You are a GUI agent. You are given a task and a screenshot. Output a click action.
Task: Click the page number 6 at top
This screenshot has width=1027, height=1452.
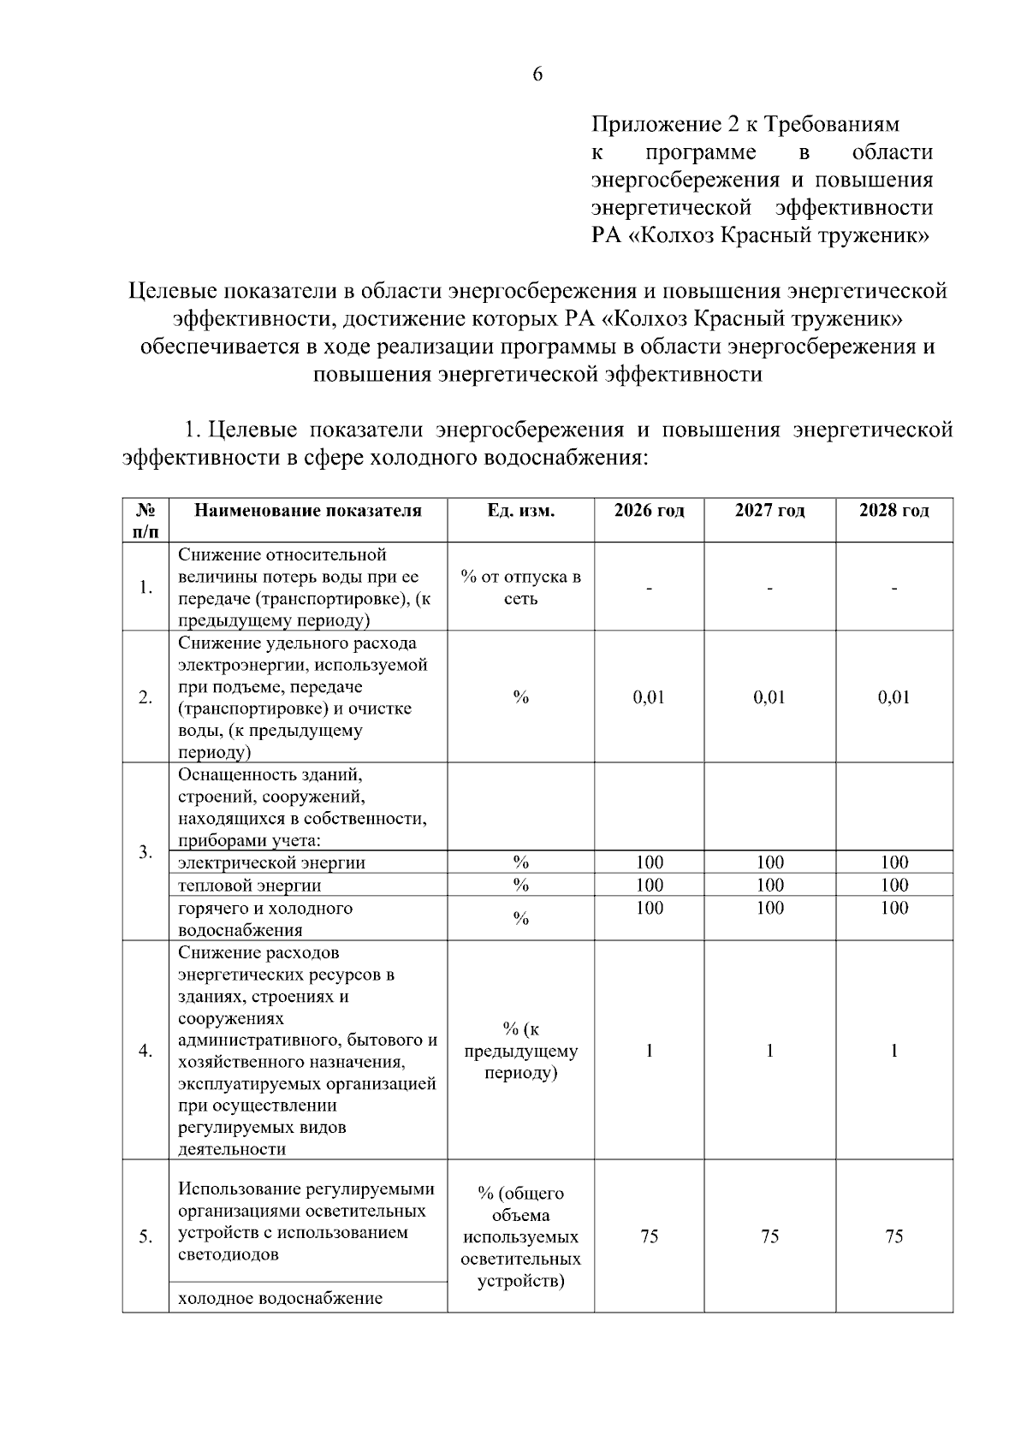click(x=537, y=74)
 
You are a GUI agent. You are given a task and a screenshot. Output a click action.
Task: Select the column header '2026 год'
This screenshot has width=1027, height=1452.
click(x=649, y=511)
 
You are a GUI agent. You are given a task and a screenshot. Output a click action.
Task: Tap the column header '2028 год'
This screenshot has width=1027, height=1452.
click(x=893, y=511)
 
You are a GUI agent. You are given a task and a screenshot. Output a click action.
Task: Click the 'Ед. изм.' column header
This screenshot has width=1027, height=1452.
click(x=520, y=511)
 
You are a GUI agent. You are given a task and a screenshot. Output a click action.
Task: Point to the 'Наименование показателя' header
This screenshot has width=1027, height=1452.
click(x=308, y=511)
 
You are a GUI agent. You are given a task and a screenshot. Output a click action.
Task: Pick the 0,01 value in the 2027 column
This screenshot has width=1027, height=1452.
click(x=769, y=697)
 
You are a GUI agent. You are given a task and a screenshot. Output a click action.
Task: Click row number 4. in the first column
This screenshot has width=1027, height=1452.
click(x=145, y=1051)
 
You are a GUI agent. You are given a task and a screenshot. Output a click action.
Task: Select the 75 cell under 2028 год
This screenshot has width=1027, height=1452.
click(x=893, y=1236)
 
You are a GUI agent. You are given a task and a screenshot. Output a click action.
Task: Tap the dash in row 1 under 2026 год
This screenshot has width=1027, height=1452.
click(x=649, y=588)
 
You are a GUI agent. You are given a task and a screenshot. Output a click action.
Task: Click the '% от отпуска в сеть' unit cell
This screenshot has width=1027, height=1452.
click(x=520, y=587)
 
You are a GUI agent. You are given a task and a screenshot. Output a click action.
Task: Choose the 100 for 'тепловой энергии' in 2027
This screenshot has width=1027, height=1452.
click(x=769, y=885)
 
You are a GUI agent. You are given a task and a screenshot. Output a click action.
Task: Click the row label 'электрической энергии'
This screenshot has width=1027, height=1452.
click(x=271, y=862)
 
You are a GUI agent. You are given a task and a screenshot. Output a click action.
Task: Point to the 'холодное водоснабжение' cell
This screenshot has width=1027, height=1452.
click(x=280, y=1299)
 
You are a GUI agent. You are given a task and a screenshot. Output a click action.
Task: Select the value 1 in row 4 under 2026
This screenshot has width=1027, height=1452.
click(x=649, y=1051)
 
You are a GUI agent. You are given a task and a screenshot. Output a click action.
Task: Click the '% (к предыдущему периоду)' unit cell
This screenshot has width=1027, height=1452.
click(x=520, y=1051)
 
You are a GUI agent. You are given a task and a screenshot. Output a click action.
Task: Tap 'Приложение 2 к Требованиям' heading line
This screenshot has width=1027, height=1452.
click(x=745, y=125)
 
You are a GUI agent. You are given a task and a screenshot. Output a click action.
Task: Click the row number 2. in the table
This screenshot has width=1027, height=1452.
click(x=145, y=697)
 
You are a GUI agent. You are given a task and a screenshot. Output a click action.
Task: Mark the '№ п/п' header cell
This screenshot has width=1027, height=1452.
click(x=145, y=520)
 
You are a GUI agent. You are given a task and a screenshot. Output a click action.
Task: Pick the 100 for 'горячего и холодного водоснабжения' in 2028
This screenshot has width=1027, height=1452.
click(x=893, y=908)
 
